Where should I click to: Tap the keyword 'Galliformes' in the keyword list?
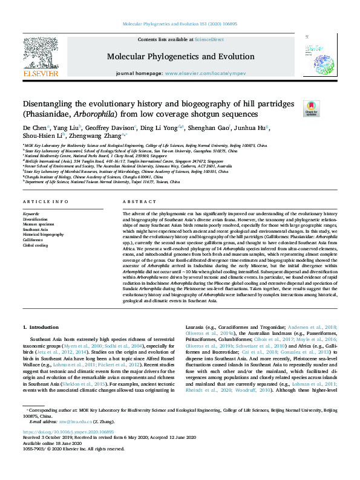point(33,240)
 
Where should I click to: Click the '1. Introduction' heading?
point(41,327)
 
